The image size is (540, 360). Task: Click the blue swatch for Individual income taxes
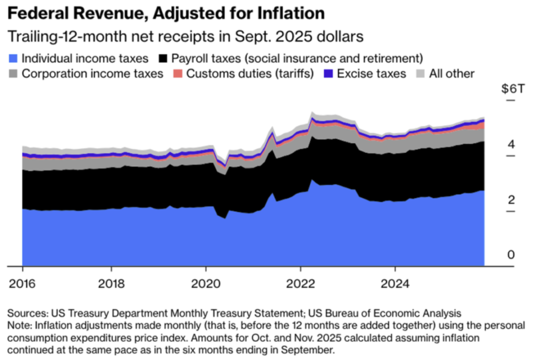tap(13, 58)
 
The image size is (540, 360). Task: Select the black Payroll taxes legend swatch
tap(162, 58)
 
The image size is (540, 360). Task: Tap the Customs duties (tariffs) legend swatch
tap(178, 74)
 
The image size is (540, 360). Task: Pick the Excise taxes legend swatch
tap(328, 74)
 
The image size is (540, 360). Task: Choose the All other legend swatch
tap(420, 74)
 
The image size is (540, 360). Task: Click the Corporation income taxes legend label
tap(92, 74)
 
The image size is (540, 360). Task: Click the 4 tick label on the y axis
tap(510, 144)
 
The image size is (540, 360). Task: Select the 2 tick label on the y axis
tap(510, 200)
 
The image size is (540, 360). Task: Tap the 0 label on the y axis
tap(510, 255)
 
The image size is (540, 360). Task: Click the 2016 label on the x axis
tap(22, 284)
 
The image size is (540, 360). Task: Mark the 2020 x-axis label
tap(205, 284)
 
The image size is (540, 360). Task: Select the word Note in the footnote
tap(18, 325)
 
